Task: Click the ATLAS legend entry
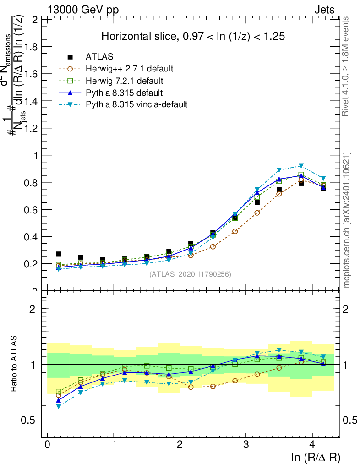(x=99, y=57)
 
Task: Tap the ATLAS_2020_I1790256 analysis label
(x=190, y=274)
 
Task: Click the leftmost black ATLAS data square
(x=59, y=254)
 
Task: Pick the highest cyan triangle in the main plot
(x=301, y=166)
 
